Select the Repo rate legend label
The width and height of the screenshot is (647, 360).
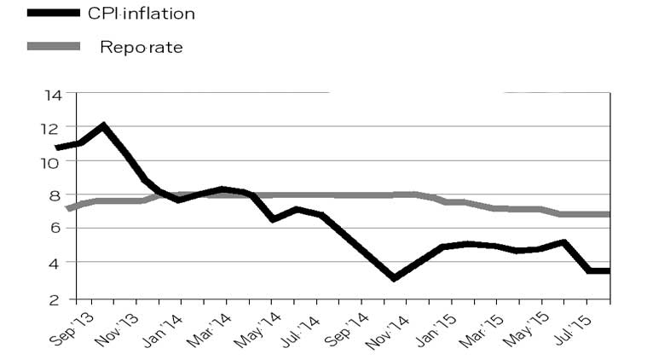tap(142, 47)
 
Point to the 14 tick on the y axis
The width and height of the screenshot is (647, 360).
tap(52, 95)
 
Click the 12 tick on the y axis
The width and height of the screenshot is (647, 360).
tap(52, 128)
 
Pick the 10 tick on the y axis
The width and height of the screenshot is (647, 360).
tap(52, 161)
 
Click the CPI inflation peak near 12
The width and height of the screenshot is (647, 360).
tap(103, 126)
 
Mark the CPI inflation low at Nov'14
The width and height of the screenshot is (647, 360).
tap(394, 278)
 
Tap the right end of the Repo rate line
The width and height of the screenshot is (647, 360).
tap(608, 214)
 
